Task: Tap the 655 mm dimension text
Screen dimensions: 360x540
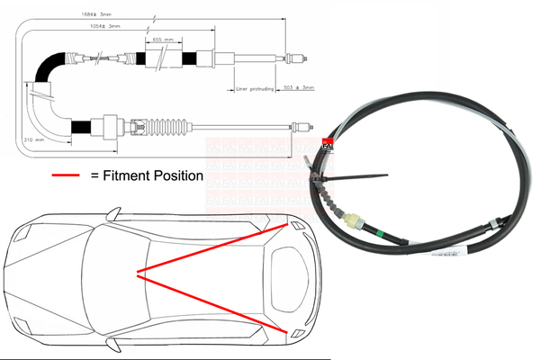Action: [x=163, y=40]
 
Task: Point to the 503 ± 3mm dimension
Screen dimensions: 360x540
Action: [x=298, y=87]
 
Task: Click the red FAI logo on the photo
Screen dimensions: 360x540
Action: [x=328, y=142]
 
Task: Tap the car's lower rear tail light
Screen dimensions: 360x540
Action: [x=293, y=332]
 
